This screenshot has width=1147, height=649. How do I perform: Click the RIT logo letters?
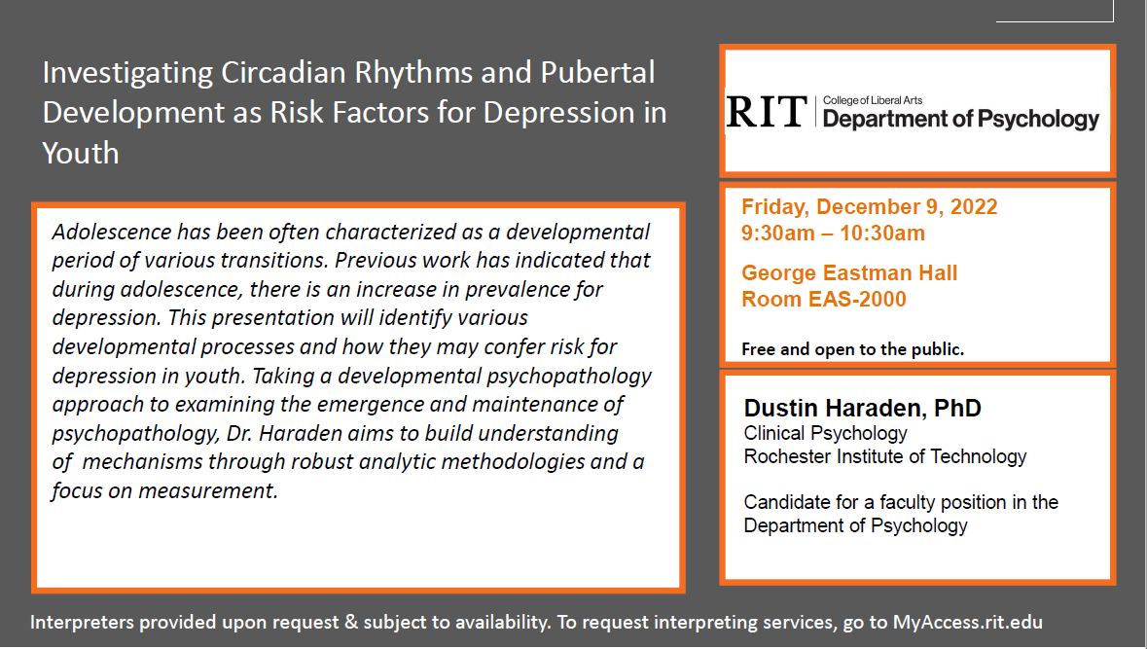766,112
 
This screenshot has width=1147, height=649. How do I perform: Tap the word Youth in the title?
81,153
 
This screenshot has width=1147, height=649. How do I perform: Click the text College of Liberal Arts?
872,100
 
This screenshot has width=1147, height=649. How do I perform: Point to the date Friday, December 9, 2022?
869,207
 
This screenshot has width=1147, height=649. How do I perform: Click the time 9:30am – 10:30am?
833,234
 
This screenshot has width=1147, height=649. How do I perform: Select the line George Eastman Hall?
849,272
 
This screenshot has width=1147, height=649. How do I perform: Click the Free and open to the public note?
853,349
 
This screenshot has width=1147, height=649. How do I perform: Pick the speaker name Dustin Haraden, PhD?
863,408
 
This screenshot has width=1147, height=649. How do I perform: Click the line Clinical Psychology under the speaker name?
825,433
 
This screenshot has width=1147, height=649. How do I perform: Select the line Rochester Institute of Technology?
885,456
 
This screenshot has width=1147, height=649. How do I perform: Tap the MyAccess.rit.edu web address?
967,622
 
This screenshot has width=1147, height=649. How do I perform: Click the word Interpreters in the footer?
82,622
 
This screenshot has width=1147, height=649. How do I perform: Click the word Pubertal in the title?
597,72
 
